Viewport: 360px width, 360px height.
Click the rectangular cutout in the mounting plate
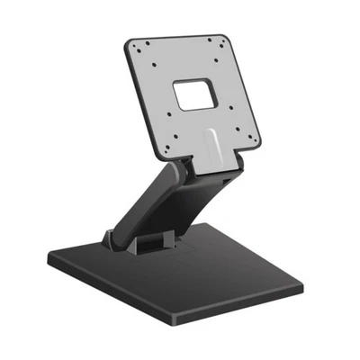click(193, 94)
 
